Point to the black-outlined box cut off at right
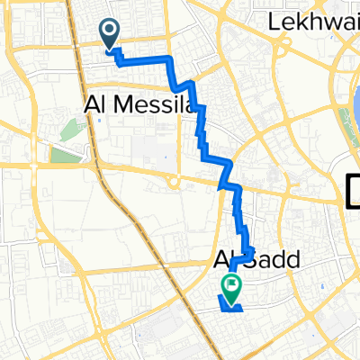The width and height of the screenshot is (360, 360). tap(353, 191)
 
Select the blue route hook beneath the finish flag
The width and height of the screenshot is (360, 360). tap(230, 306)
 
